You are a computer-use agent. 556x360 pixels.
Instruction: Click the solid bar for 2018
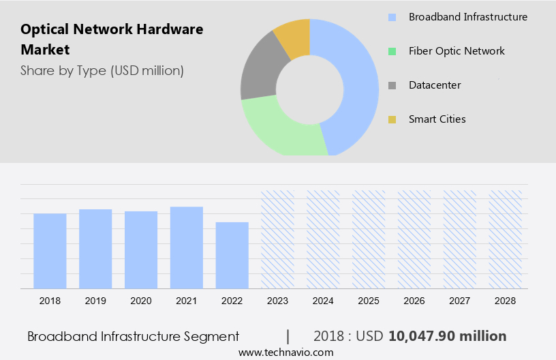(50, 251)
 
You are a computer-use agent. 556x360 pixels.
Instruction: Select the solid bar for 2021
(187, 247)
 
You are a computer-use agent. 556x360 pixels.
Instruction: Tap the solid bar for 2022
(232, 255)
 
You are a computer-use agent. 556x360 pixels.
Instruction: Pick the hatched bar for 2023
(277, 239)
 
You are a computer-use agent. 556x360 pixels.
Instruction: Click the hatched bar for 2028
(506, 239)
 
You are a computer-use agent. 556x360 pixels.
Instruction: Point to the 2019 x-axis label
(95, 301)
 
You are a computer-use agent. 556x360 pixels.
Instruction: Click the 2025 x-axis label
(369, 301)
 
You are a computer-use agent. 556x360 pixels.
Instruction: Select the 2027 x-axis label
(460, 301)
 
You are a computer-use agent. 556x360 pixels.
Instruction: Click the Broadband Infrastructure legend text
(467, 17)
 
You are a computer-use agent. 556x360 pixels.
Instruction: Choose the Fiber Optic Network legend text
(457, 51)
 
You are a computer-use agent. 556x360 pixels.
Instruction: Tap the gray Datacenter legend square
(392, 86)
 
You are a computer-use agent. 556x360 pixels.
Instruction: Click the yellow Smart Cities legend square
(392, 120)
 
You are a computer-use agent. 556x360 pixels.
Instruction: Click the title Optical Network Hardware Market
(112, 40)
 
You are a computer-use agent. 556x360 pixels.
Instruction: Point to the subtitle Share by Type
(102, 70)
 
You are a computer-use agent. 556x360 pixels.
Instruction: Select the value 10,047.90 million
(448, 336)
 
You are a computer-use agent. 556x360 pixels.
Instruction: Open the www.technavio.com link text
(285, 352)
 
